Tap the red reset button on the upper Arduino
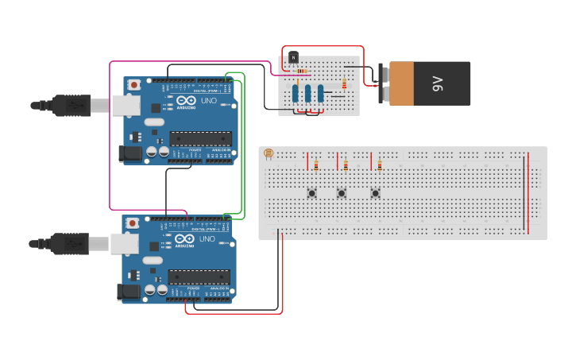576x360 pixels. click(135, 84)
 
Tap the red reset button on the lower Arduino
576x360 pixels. click(133, 222)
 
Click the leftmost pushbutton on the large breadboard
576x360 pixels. click(312, 193)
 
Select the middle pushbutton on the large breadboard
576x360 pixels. click(342, 193)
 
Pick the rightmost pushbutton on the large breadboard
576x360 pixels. click(375, 193)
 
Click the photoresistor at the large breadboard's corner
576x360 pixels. click(268, 153)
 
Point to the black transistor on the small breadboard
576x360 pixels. click(293, 58)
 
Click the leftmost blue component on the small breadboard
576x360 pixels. click(295, 94)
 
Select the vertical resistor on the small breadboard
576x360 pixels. click(344, 83)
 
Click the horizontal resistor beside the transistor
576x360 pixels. click(303, 71)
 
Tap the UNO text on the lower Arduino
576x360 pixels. click(207, 239)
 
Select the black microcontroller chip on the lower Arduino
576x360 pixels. click(199, 277)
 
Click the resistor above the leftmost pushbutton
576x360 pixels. click(316, 165)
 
